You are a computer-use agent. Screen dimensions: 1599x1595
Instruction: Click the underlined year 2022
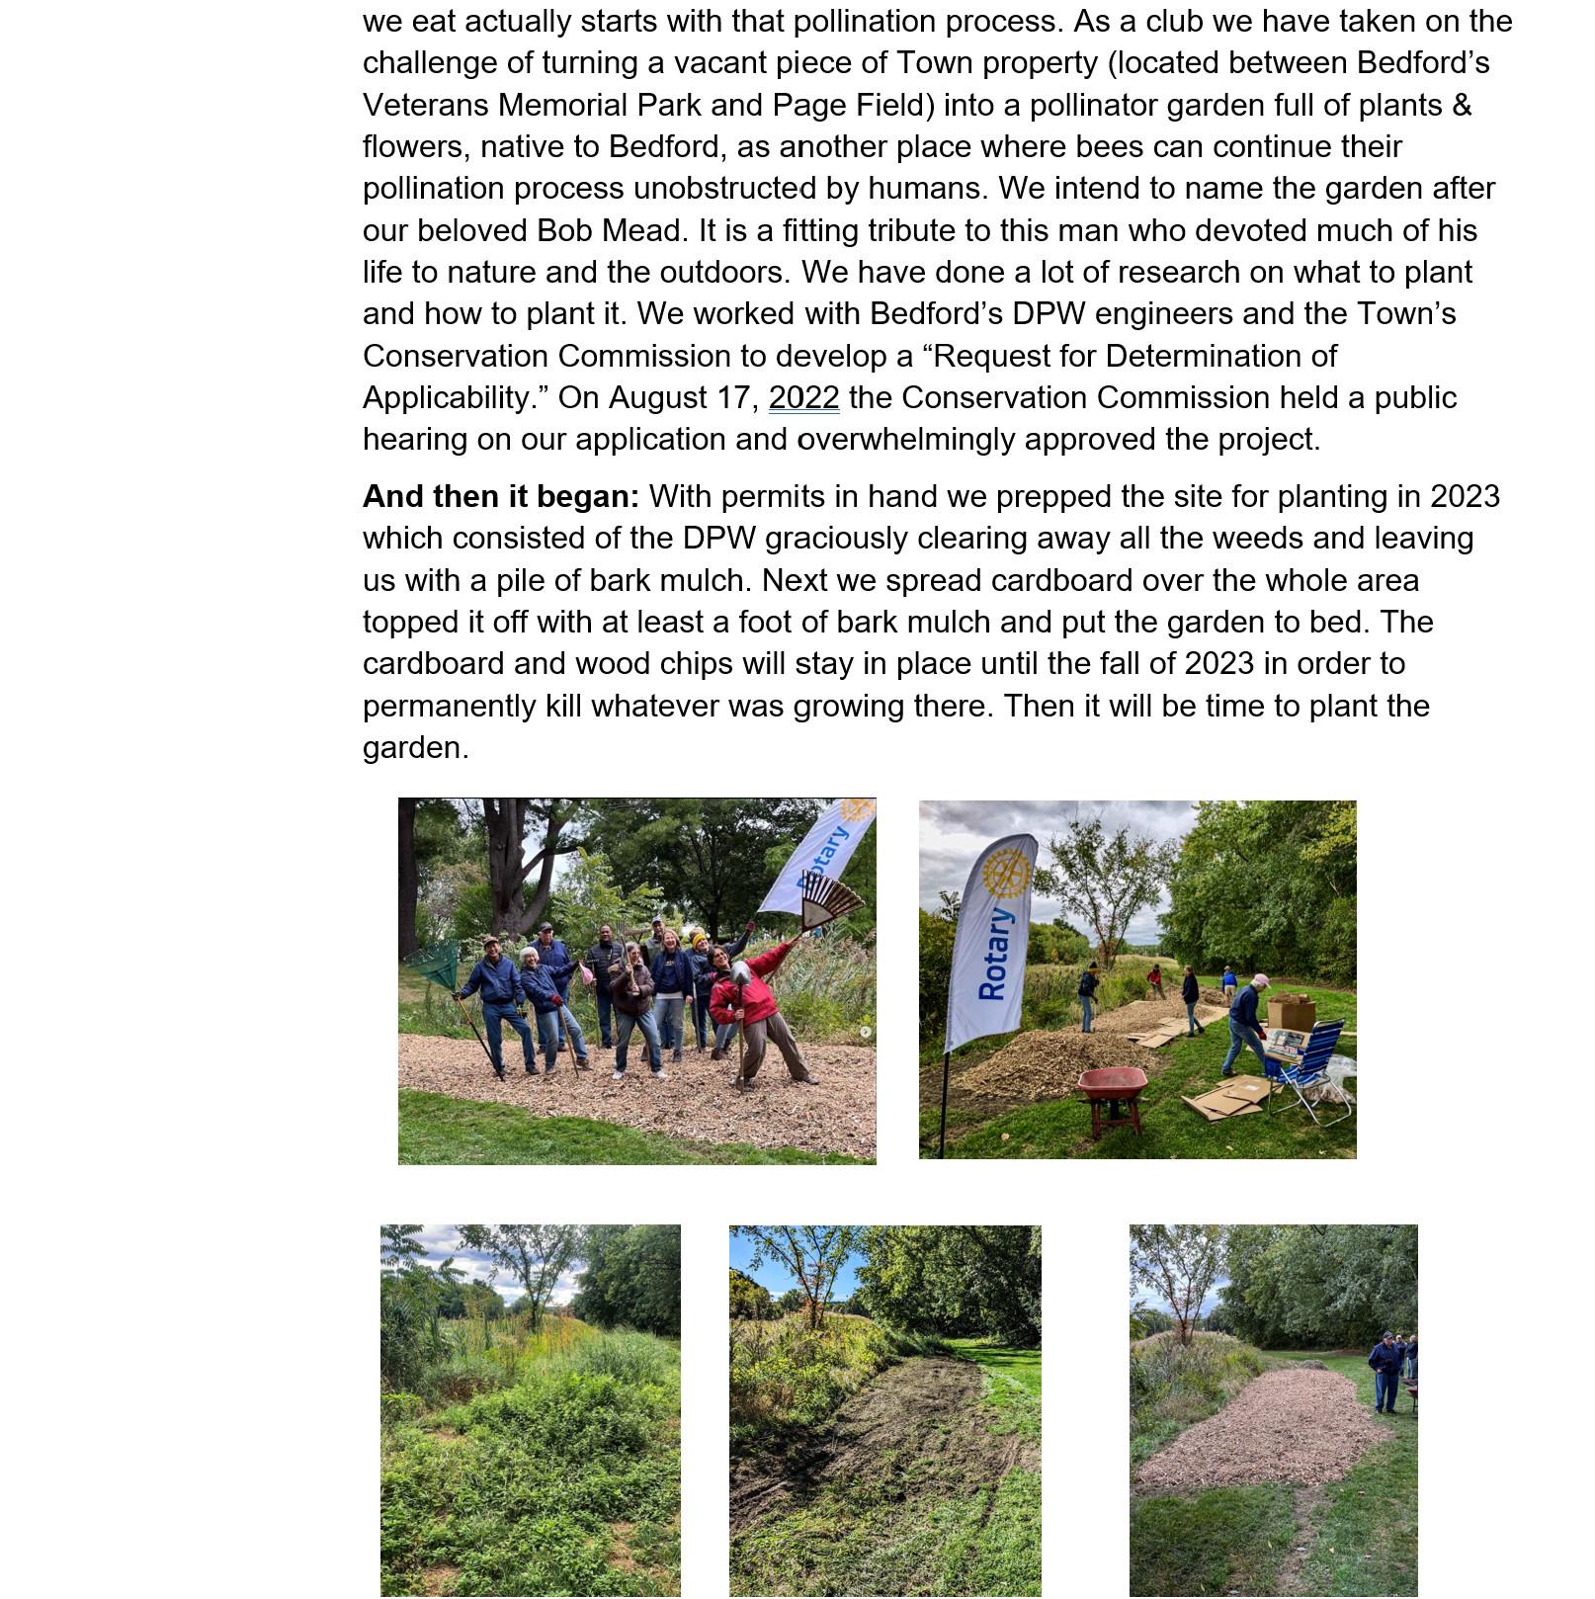click(x=803, y=397)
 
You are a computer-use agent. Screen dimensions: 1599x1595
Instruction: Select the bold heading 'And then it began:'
click(x=500, y=496)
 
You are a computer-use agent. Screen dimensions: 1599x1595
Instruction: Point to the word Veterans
click(x=426, y=105)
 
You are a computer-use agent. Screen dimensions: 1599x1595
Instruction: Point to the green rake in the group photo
click(x=434, y=965)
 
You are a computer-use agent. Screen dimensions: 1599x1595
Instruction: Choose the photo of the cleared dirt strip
click(x=884, y=1411)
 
